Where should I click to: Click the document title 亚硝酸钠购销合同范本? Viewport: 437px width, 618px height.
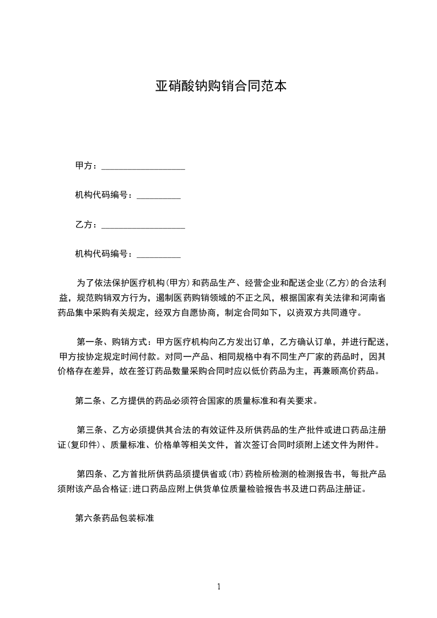[x=220, y=87]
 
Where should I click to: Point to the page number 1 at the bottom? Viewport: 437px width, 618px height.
[x=219, y=587]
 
